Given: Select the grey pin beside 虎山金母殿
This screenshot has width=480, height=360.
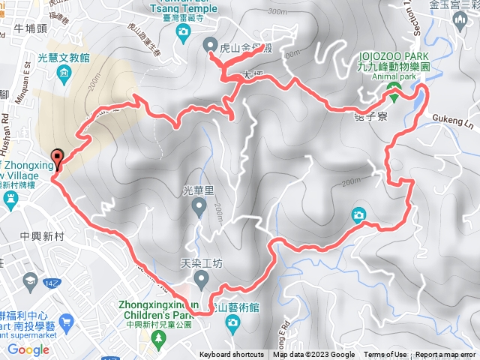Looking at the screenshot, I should pyautogui.click(x=210, y=46).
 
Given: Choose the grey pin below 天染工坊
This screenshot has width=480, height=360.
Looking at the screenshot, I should pyautogui.click(x=201, y=279).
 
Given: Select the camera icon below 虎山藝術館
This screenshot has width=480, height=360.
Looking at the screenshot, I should pyautogui.click(x=232, y=322).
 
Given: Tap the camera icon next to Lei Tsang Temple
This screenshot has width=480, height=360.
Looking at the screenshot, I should pyautogui.click(x=183, y=31).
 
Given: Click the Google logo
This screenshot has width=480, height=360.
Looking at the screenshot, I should pyautogui.click(x=28, y=349).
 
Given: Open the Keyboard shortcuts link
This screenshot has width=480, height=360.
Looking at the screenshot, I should pyautogui.click(x=231, y=355).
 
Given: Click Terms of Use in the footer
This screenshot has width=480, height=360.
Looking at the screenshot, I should pyautogui.click(x=385, y=355).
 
